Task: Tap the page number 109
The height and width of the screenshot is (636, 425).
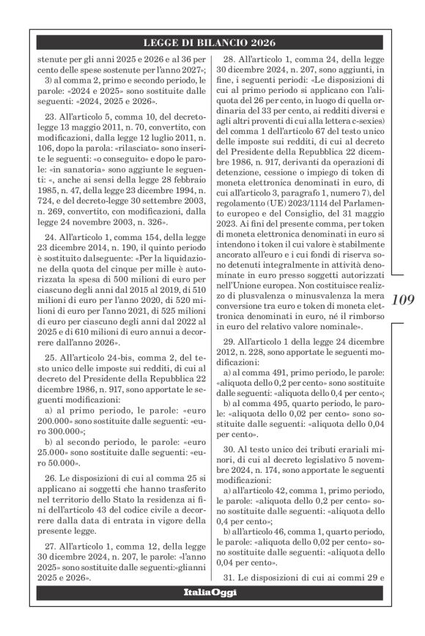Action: [404, 300]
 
